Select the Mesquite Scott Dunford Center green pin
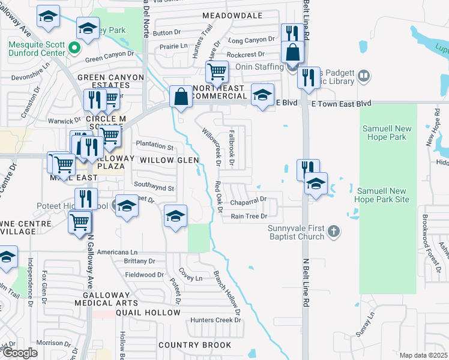(x=74, y=47)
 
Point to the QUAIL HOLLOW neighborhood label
(x=148, y=313)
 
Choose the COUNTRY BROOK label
(x=194, y=345)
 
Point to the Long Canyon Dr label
(x=252, y=40)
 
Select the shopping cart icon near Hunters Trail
(x=217, y=72)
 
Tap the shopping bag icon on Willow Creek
(x=181, y=96)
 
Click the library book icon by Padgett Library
(x=363, y=76)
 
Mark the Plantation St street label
(x=154, y=146)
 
